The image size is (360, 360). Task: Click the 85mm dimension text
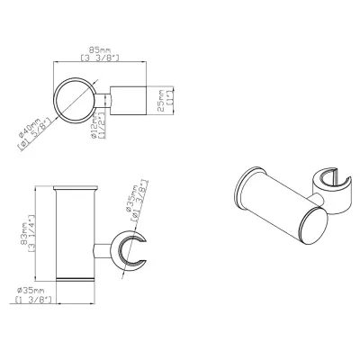pyautogui.click(x=99, y=49)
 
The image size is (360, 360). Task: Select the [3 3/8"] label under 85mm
pyautogui.click(x=99, y=58)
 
